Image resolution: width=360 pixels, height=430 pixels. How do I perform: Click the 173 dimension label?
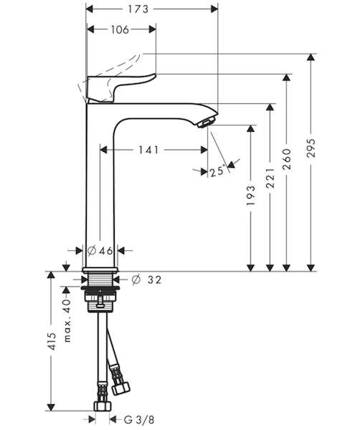pos(138,9)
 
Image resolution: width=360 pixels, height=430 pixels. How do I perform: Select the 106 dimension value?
pos(120,29)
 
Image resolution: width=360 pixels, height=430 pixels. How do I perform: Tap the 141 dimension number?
pos(148,150)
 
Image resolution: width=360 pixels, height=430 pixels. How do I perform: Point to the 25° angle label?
pos(217,172)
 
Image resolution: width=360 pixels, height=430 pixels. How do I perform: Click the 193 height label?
pos(250,195)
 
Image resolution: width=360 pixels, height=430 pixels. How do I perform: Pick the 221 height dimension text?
pos(270,178)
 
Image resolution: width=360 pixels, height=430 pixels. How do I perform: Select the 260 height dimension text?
pos(286,159)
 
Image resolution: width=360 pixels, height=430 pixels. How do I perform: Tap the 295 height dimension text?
pos(311,148)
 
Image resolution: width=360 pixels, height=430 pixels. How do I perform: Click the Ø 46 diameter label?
pos(100,250)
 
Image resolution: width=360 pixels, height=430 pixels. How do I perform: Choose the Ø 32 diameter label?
pos(146,279)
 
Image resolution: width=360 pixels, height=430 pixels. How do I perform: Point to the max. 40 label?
pos(67,320)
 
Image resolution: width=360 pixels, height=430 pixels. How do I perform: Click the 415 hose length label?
pos(52,341)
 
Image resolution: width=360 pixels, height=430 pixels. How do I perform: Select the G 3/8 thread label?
pos(139,419)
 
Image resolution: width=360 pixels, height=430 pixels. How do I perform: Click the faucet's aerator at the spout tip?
pos(207,123)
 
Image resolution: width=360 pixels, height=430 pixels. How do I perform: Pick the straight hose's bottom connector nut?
pos(102,406)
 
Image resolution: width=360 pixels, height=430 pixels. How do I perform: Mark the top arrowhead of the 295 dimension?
pos(311,57)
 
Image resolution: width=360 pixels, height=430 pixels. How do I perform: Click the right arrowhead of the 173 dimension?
pos(214,9)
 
